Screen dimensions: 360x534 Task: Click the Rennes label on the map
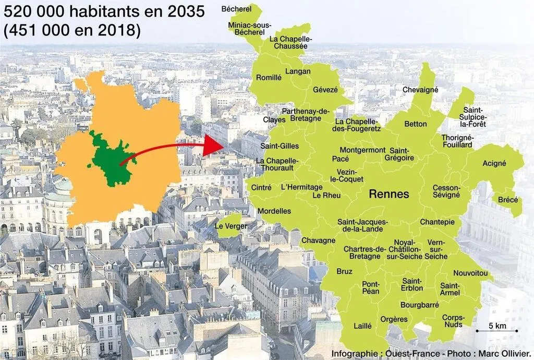(389, 194)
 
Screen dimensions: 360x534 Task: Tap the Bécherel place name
(236, 9)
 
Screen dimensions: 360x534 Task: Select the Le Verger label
(231, 226)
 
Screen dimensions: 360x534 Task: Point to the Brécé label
(508, 200)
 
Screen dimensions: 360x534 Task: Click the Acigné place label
(494, 163)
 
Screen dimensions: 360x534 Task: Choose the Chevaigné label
(420, 90)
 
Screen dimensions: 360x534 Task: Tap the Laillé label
(362, 326)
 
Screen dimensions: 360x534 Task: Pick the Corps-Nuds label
(453, 321)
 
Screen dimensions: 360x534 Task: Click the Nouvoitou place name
(470, 273)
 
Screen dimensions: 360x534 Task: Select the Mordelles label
(274, 211)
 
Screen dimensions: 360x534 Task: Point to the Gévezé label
(325, 90)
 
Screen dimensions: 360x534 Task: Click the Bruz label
(344, 271)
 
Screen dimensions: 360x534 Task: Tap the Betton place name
(416, 124)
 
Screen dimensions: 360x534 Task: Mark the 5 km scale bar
(496, 330)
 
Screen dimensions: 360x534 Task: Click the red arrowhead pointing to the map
(211, 146)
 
